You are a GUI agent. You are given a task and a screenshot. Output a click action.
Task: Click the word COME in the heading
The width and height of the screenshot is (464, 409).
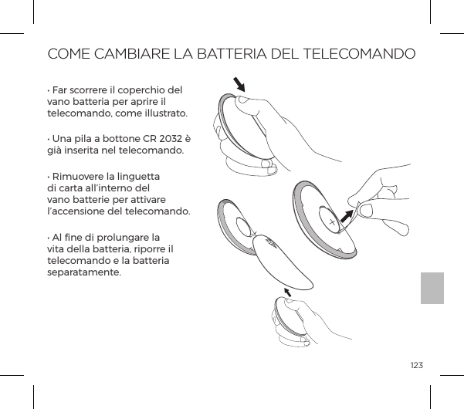(68, 55)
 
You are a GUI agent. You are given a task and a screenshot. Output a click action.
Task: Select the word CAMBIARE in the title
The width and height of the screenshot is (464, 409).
(133, 55)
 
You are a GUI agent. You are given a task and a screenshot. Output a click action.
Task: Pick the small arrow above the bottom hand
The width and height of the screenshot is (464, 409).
(290, 291)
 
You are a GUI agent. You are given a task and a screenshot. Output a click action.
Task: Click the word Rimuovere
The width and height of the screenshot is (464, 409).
(80, 174)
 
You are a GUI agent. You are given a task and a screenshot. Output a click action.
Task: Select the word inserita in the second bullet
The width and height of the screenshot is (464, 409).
(83, 150)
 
